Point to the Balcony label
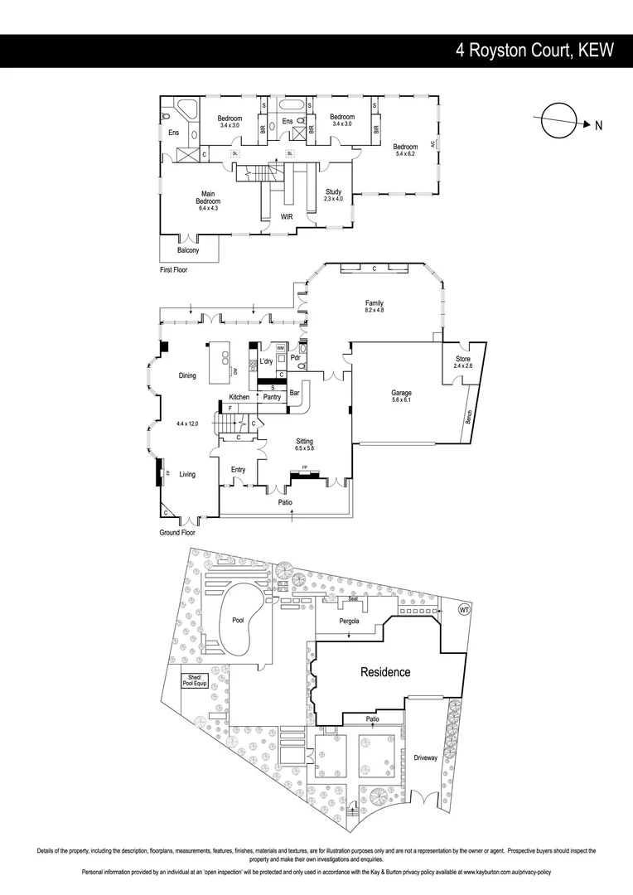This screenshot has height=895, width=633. (x=188, y=250)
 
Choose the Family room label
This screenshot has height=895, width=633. (x=374, y=303)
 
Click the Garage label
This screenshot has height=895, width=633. (x=401, y=393)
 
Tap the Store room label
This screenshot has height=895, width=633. (x=461, y=359)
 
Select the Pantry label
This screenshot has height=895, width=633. (x=273, y=398)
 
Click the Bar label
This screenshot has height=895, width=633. (x=294, y=392)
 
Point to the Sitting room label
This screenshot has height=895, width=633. (x=304, y=441)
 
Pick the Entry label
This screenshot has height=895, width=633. (x=238, y=470)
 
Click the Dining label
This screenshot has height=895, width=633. (x=187, y=375)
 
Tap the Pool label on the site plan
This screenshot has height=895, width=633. (x=238, y=620)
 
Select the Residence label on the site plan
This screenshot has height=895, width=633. (x=384, y=672)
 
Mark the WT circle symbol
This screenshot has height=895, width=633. (x=464, y=610)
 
